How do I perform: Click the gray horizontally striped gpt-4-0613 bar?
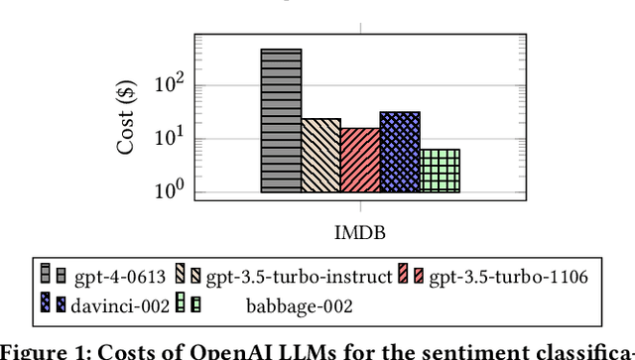click(281, 120)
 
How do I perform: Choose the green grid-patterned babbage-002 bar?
click(440, 171)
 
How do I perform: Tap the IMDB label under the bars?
click(359, 232)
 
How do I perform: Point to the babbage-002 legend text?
click(299, 305)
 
